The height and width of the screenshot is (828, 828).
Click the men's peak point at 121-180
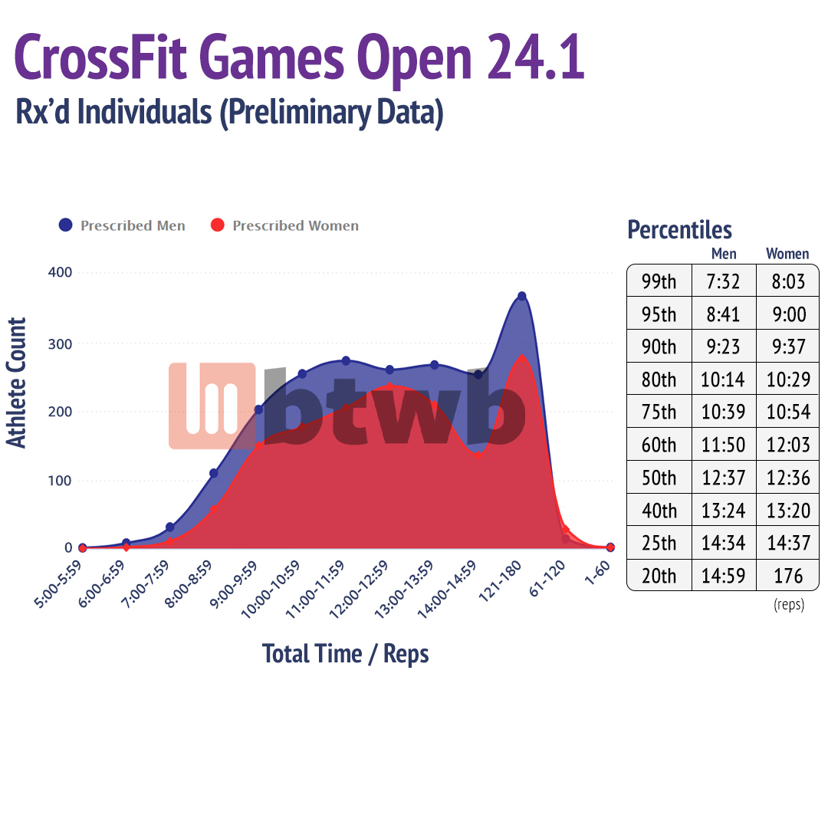(x=522, y=296)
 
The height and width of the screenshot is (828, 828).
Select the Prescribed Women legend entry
(x=284, y=225)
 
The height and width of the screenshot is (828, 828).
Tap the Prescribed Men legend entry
(x=122, y=225)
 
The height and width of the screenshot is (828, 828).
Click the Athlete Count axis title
(x=17, y=383)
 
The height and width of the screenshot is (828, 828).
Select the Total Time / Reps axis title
(x=345, y=654)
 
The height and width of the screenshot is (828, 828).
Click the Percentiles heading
(x=679, y=229)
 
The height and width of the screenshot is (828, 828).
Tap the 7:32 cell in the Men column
(x=723, y=281)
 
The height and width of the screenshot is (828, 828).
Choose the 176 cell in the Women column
(x=787, y=575)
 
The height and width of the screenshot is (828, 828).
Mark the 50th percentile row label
(x=659, y=478)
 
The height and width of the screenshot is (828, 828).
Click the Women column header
(x=787, y=254)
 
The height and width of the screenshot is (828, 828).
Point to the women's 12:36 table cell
(x=787, y=478)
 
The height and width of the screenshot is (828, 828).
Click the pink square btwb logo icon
(x=212, y=406)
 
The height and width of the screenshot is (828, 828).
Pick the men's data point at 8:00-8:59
(x=214, y=473)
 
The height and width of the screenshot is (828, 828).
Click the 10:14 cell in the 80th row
(x=723, y=379)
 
